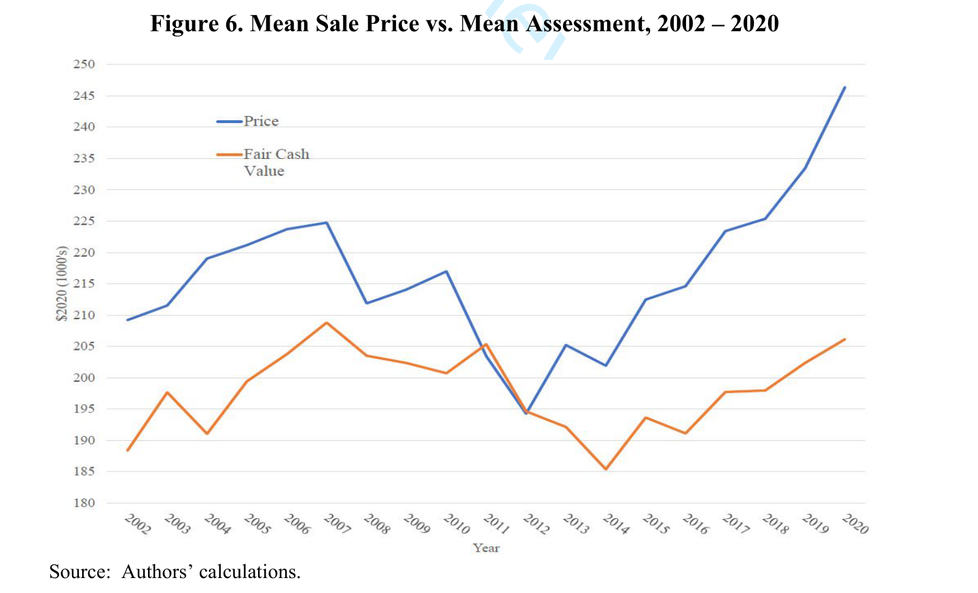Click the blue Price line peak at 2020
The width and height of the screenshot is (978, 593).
point(844,88)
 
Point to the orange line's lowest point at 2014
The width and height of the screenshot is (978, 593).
point(606,469)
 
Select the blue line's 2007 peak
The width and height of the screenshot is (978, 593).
point(327,223)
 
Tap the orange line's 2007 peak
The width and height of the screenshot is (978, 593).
point(327,323)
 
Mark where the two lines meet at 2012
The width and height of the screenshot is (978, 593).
point(527,412)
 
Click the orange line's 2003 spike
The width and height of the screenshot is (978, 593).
point(167,392)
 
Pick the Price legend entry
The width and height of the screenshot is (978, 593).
point(247,121)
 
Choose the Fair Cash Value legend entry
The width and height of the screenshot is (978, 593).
point(263,162)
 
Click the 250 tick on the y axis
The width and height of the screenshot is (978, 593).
point(84,64)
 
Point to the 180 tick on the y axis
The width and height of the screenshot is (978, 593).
point(84,503)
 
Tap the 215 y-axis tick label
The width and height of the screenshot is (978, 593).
point(84,283)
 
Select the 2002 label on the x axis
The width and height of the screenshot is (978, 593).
point(137,524)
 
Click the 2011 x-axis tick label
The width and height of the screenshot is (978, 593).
point(496,524)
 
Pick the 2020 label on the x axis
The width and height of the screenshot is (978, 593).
point(855,524)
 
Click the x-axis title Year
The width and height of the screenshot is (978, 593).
point(486,548)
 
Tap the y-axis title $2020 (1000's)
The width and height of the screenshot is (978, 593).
point(62,283)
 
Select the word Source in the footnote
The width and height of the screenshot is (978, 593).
point(79,572)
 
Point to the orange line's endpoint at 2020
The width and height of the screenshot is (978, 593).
point(844,340)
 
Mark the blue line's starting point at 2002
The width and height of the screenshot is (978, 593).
point(128,320)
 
